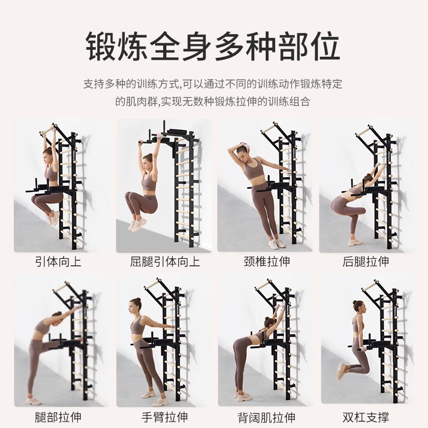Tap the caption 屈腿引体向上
click(x=165, y=262)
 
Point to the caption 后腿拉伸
click(x=366, y=262)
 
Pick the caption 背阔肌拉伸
click(x=266, y=417)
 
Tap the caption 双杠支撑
click(x=366, y=417)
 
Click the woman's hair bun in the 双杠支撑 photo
click(x=355, y=303)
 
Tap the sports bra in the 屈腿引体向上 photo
click(x=149, y=183)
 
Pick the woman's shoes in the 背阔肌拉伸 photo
click(x=243, y=396)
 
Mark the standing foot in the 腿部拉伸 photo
click(x=33, y=400)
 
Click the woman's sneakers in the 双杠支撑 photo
click(x=340, y=370)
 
